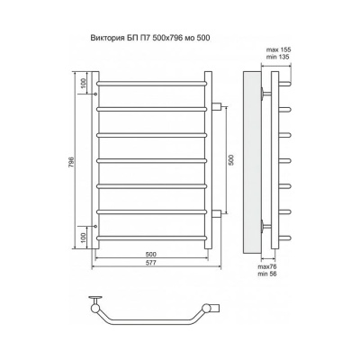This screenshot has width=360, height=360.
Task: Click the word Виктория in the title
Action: [105, 38]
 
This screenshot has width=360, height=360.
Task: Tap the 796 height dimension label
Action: [71, 161]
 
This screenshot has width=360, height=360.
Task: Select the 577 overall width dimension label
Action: [151, 263]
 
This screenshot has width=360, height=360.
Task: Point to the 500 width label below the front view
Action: [151, 255]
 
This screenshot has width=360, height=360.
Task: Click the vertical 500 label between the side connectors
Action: [230, 160]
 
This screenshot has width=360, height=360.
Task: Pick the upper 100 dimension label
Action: [84, 82]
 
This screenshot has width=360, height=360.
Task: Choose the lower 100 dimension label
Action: [84, 238]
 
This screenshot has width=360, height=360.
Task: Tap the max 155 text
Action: [279, 49]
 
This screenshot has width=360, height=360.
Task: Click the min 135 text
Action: [278, 57]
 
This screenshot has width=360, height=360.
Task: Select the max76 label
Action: [267, 266]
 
